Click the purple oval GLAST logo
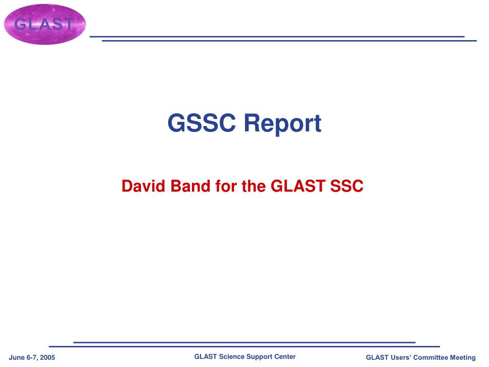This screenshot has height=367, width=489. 45,24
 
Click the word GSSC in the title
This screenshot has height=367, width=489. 202,123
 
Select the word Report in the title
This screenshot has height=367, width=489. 283,124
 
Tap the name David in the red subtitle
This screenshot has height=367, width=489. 143,186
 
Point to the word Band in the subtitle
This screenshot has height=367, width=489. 190,186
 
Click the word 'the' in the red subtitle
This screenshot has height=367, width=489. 254,186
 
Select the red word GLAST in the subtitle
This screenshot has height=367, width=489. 298,186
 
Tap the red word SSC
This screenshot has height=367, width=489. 347,186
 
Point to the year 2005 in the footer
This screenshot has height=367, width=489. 47,357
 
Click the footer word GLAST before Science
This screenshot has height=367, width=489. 205,356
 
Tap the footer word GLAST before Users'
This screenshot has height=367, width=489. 377,357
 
